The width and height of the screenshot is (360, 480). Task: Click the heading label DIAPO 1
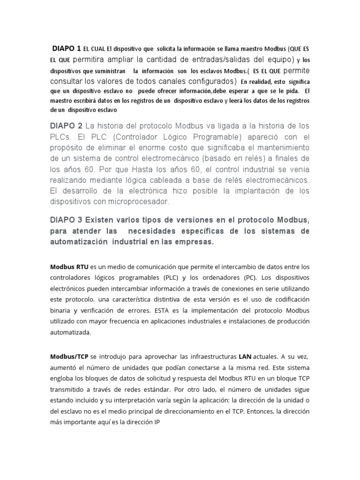(67, 48)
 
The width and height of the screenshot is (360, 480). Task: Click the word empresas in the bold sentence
(196, 242)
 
